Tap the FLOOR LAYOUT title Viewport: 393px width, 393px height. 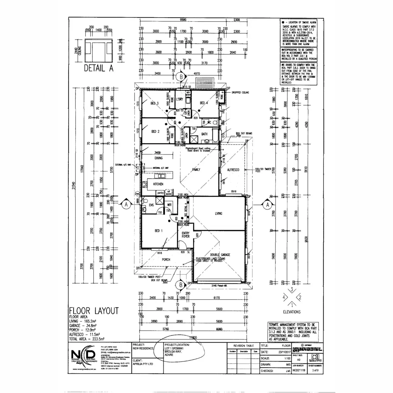tap(93, 311)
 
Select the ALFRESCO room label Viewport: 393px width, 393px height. tap(234, 170)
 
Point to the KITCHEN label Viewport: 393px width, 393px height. tap(158, 184)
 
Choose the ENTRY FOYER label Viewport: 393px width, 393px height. tap(186, 234)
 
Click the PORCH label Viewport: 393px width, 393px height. tap(166, 260)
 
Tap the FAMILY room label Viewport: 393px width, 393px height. tap(196, 170)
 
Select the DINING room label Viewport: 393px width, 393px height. tap(159, 158)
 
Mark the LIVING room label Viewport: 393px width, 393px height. tap(218, 214)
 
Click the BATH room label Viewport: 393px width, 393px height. tap(205, 134)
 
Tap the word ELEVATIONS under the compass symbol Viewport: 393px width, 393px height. tap(292, 312)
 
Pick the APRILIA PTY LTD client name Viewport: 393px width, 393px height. tap(143, 364)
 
